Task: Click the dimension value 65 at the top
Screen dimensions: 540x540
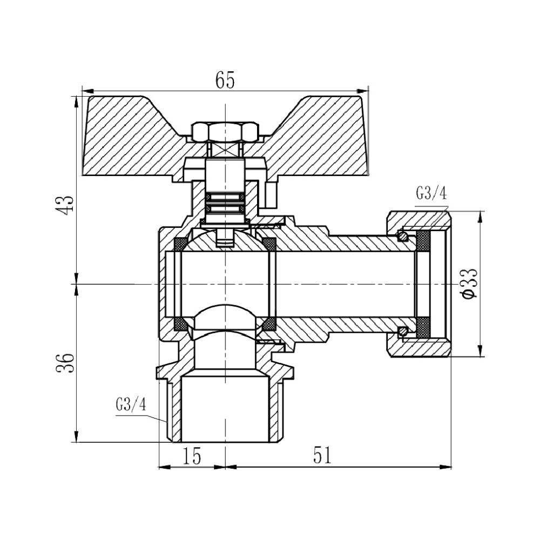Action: pos(225,80)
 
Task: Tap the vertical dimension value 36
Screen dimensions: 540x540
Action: pos(65,362)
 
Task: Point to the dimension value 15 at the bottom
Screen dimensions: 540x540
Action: pos(191,456)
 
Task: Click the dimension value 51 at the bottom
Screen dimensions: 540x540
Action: pos(322,456)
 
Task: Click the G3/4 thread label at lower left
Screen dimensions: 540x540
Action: pos(131,405)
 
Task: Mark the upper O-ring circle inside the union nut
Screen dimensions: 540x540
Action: pos(402,235)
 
